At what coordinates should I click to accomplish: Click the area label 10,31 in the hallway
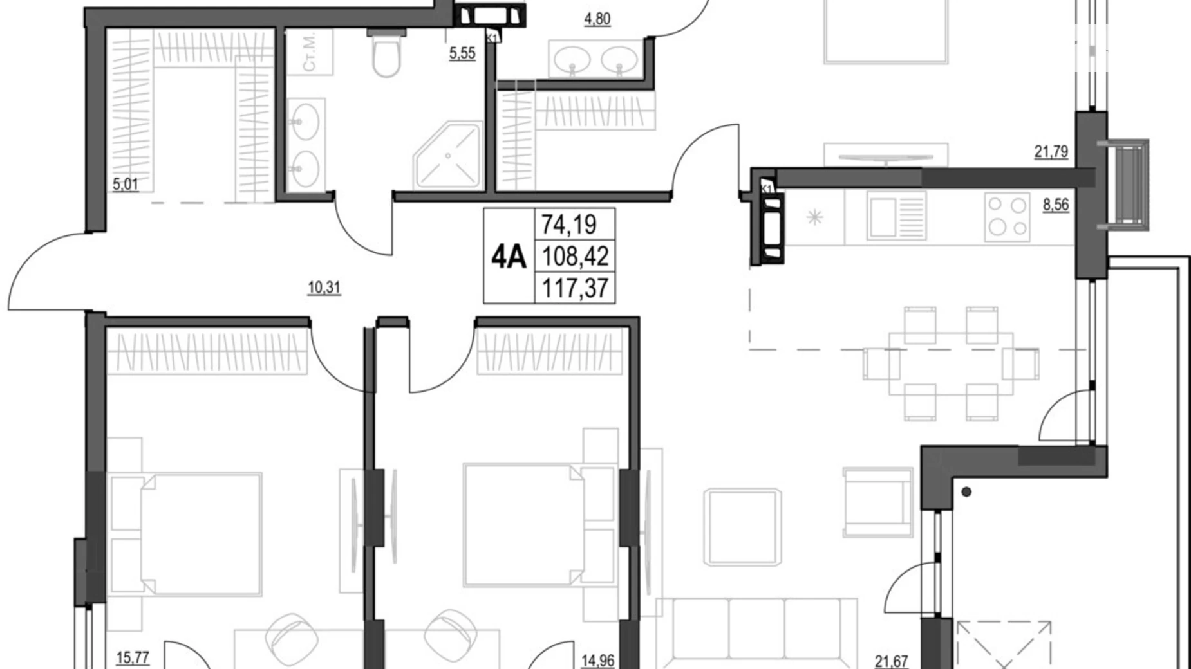coord(324,288)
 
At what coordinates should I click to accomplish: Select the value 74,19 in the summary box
coord(569,225)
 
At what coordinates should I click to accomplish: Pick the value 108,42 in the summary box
coord(575,257)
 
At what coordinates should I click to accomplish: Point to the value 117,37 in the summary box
coord(575,288)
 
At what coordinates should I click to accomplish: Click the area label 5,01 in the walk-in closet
coord(126,185)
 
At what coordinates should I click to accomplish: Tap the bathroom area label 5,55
coord(462,53)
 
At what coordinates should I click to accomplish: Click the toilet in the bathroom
coord(386,57)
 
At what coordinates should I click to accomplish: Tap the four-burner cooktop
coord(1007,216)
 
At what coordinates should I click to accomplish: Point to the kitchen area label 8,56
coord(1056,205)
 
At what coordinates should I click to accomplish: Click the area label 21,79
coord(1051,152)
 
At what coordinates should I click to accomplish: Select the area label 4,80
coord(597,19)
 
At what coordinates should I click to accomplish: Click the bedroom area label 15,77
coord(133,658)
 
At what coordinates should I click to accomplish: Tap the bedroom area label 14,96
coord(597,661)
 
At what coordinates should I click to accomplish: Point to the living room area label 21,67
coord(891,661)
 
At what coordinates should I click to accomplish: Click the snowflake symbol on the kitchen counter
coord(815,217)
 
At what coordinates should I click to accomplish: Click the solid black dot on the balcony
coord(966,492)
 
